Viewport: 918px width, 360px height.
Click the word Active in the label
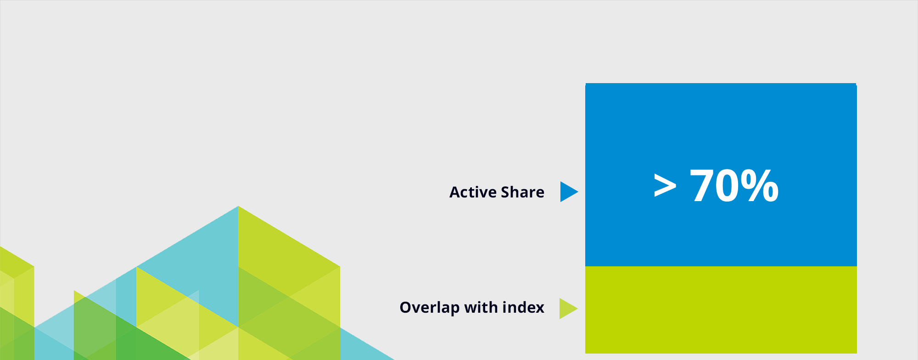[472, 192]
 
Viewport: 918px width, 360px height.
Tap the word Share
[522, 192]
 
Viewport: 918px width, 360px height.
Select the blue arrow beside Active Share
[569, 191]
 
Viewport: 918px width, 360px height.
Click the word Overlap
[430, 308]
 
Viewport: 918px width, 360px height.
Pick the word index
[524, 307]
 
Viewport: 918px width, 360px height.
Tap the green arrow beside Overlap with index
[569, 309]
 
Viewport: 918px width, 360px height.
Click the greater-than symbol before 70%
[665, 186]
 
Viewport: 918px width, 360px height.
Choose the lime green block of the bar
[721, 310]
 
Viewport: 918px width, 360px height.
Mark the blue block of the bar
[721, 175]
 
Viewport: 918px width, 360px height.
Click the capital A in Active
[455, 192]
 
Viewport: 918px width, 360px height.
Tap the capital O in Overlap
[406, 308]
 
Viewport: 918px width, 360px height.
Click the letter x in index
[540, 309]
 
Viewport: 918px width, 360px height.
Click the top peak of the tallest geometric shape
[238, 206]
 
